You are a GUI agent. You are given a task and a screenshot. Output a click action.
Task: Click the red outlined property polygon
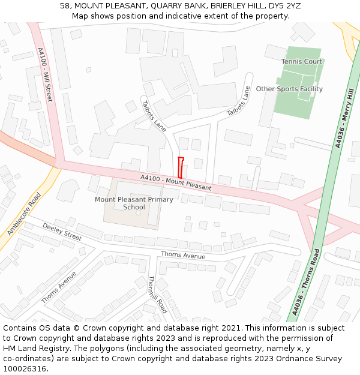tap(181, 167)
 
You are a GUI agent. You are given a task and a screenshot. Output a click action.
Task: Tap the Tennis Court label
tap(302, 62)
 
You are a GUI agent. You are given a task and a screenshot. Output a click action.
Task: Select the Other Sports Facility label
tap(289, 89)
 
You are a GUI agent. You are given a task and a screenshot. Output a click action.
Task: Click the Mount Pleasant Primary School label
tap(134, 203)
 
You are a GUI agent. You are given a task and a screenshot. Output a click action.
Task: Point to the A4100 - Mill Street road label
tap(45, 74)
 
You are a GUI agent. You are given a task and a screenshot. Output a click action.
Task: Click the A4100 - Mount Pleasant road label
tap(176, 182)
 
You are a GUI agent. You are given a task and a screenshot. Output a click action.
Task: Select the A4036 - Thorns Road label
tap(307, 282)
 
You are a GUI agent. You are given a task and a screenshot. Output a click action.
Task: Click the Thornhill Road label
tap(157, 295)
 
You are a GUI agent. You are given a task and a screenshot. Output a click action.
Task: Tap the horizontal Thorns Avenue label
tap(183, 256)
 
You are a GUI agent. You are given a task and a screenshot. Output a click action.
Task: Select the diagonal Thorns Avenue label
tap(59, 287)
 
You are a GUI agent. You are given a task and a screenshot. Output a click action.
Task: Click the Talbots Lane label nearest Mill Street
tap(154, 115)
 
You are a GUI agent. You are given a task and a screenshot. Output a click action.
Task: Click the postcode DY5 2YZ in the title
tap(283, 6)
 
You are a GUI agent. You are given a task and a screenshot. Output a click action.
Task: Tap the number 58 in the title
tap(65, 6)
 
